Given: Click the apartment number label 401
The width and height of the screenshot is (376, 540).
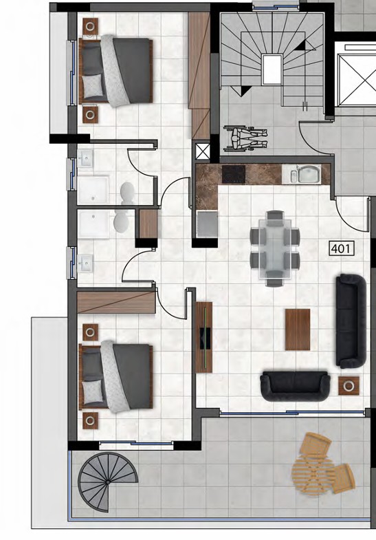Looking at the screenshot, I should (x=341, y=248).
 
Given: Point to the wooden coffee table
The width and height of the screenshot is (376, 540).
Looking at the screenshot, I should (x=297, y=330).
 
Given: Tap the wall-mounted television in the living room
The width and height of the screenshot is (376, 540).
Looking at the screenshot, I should (x=204, y=337).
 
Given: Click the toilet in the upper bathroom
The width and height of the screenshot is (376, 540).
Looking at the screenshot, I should (x=127, y=191).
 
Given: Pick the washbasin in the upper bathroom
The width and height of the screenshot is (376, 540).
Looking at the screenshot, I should (x=86, y=160).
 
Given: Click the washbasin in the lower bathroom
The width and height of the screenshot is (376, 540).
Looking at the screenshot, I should (x=86, y=263).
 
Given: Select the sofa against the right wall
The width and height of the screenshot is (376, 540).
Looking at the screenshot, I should (x=350, y=321).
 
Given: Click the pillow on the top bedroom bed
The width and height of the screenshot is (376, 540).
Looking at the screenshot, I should (x=91, y=85).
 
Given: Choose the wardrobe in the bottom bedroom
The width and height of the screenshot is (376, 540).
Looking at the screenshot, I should (x=115, y=301).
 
